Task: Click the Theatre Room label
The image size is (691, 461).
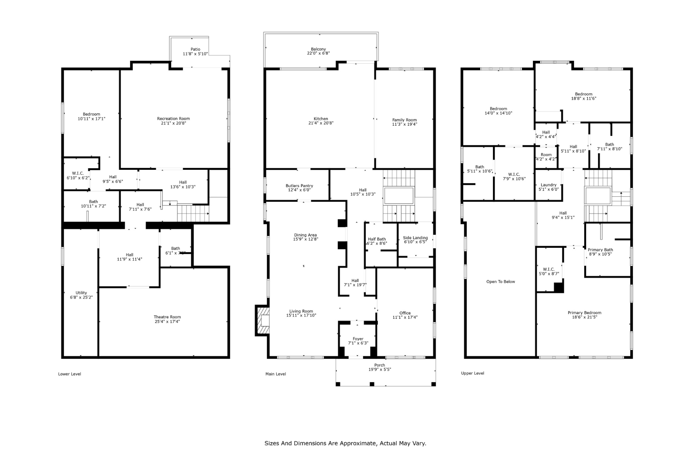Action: (x=167, y=317)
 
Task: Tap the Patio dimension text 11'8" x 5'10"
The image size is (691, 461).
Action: (x=195, y=54)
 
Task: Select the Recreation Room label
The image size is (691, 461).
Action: (x=173, y=118)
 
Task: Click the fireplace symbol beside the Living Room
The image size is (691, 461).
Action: (x=263, y=320)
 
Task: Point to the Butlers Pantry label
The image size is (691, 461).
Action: (x=299, y=186)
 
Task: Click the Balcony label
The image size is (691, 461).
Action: (x=318, y=49)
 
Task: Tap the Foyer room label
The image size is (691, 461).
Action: (x=358, y=339)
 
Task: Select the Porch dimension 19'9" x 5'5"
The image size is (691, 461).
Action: (x=379, y=370)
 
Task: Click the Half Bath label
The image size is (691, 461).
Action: (x=377, y=239)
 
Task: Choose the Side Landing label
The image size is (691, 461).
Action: (x=415, y=238)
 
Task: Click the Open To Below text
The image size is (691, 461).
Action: (x=501, y=282)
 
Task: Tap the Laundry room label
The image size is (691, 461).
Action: (x=548, y=185)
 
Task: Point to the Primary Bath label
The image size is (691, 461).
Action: (x=600, y=250)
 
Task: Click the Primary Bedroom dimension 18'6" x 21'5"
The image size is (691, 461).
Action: (x=584, y=317)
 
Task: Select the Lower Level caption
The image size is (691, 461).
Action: (x=69, y=374)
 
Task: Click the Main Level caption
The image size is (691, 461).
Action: (x=275, y=374)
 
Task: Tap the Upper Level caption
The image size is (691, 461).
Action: (x=472, y=373)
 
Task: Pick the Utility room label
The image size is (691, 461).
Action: (x=81, y=293)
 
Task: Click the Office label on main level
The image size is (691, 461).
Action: (x=405, y=313)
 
